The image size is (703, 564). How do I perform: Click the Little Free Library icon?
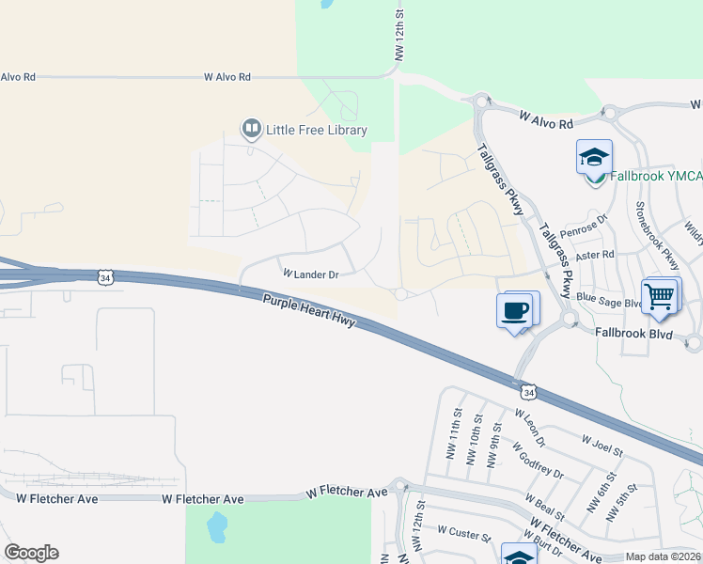point(251,129)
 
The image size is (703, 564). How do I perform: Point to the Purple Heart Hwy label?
point(309,313)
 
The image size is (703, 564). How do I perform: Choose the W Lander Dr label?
point(310,274)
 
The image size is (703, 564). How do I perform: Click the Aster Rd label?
point(595,254)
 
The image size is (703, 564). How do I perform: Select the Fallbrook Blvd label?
point(634,333)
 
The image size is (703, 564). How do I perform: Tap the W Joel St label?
point(601,446)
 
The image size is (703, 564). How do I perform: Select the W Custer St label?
point(463,537)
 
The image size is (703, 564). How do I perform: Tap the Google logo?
point(31,553)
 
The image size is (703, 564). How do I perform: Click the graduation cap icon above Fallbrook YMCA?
point(594,157)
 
